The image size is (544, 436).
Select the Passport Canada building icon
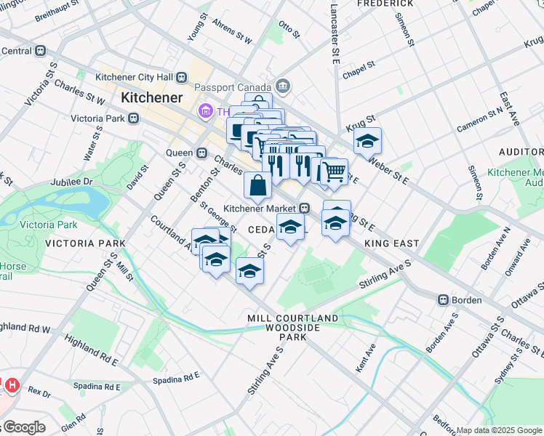[283, 86]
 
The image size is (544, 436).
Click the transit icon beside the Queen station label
[203, 153]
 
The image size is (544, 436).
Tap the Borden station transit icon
[442, 300]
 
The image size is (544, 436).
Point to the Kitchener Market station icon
[306, 208]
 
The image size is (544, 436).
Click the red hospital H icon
[12, 384]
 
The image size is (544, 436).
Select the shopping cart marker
[333, 171]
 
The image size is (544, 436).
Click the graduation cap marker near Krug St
[367, 140]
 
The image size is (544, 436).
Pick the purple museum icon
[204, 111]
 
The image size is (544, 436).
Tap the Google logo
[23, 427]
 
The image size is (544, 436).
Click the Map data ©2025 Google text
[499, 430]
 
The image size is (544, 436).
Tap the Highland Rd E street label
[90, 359]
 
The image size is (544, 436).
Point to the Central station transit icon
[41, 51]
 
